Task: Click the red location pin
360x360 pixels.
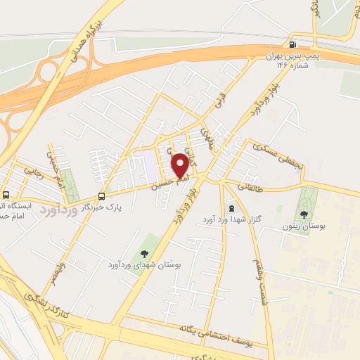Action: pos(180,165)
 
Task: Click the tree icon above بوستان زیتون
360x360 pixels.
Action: pos(304,214)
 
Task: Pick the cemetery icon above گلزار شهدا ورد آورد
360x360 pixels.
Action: pos(233,209)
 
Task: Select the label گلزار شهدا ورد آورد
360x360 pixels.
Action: pos(233,220)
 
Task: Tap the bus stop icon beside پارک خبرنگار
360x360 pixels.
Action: pos(101,196)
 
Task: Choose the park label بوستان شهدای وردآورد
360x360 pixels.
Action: pos(144,264)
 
